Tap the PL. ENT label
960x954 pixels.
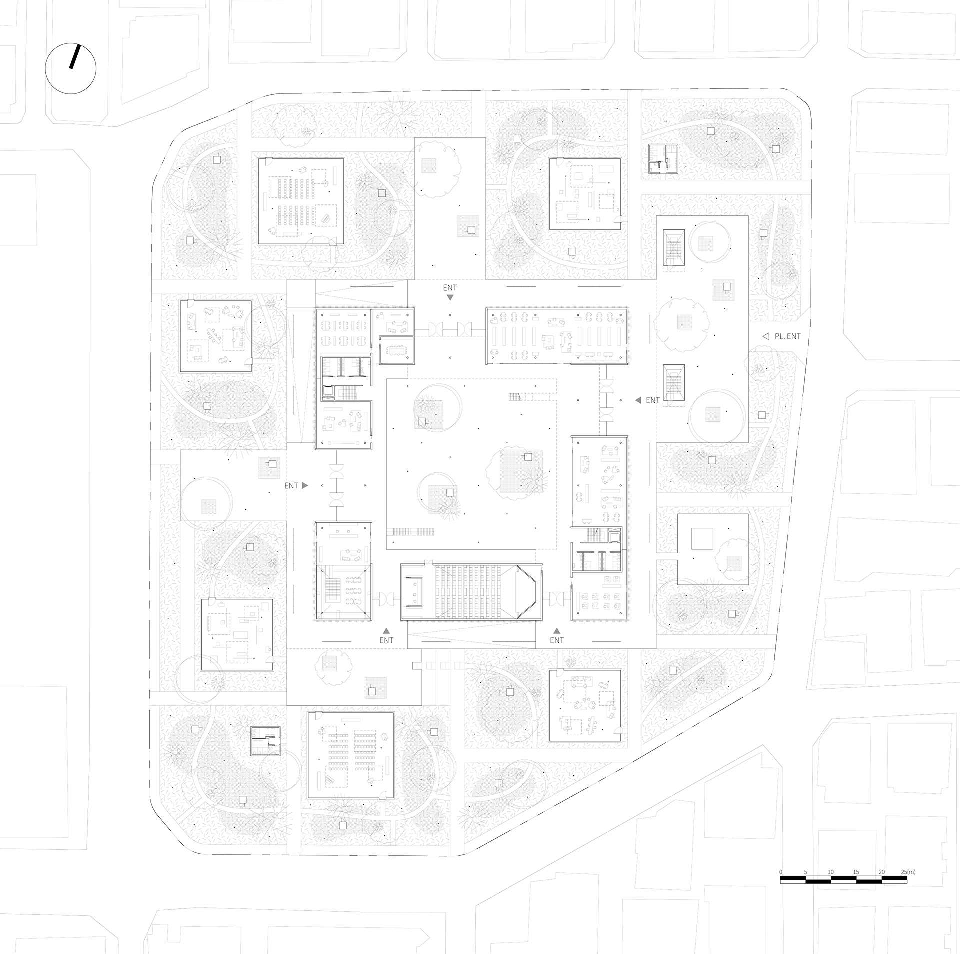pos(788,336)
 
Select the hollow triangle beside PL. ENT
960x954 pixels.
pos(765,336)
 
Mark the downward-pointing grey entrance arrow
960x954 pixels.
pos(450,297)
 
